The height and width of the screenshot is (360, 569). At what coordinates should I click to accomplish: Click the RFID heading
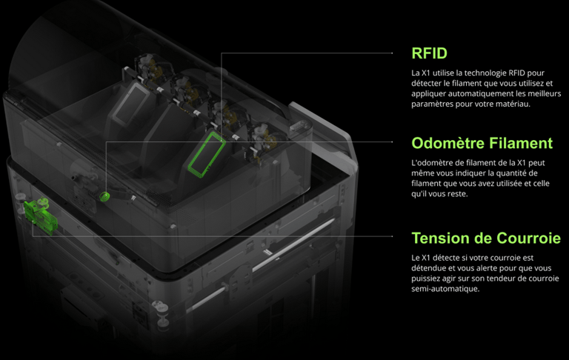(x=429, y=53)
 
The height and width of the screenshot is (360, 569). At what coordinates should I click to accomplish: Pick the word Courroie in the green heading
(x=529, y=239)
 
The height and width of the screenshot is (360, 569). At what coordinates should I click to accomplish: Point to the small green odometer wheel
(x=104, y=196)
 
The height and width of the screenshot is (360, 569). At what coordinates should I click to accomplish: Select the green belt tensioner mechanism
(x=40, y=216)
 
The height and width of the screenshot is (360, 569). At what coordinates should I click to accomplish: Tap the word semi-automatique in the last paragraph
(x=445, y=289)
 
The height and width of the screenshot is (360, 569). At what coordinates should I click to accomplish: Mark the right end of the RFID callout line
(x=392, y=53)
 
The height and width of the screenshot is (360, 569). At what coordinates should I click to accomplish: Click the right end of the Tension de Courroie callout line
(x=392, y=236)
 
